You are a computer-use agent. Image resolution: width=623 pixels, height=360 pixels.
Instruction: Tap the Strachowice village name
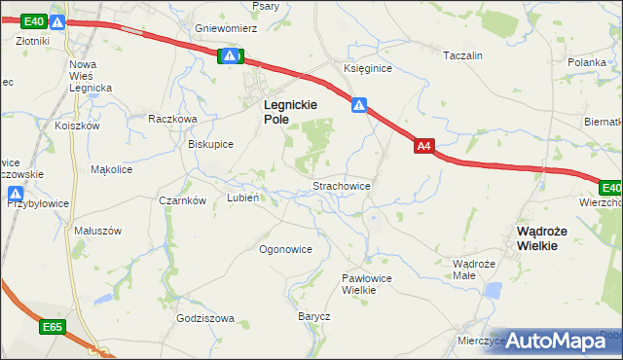click(340, 185)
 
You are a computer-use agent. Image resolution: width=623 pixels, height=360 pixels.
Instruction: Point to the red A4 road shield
click(423, 147)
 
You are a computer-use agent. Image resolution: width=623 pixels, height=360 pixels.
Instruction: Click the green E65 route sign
click(53, 328)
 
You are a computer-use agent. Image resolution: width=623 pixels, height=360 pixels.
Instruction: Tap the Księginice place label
click(367, 68)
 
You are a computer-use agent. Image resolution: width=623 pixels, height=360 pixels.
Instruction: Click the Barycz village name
click(314, 317)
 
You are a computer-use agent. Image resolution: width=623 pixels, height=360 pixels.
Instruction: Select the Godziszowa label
click(206, 319)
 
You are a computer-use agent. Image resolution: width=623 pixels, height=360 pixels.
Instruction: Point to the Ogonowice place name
click(285, 249)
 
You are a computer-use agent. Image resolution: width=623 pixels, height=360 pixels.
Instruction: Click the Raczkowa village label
click(172, 119)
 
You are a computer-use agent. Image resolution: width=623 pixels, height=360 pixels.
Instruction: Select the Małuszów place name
click(97, 232)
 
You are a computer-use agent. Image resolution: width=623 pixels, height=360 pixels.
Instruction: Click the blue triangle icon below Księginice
click(359, 104)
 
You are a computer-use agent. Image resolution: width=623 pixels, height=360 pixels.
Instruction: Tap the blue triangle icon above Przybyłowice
click(17, 193)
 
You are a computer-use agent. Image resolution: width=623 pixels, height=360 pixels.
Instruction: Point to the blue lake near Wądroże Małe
click(493, 290)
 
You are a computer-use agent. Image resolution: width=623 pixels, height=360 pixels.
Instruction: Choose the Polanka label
click(588, 61)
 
